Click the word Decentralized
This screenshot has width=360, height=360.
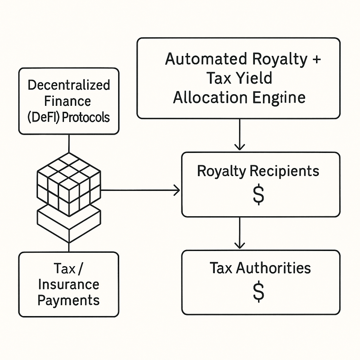(69, 85)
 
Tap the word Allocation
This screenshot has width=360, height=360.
(210, 97)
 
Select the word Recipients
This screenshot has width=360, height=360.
(284, 171)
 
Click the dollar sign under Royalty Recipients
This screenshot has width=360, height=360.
(259, 195)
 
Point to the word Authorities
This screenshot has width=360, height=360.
(274, 268)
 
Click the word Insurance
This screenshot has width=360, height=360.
(69, 284)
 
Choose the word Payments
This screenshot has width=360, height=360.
(69, 300)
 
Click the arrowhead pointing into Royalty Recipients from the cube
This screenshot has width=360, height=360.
(176, 191)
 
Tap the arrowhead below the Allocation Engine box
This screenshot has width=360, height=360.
(240, 147)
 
